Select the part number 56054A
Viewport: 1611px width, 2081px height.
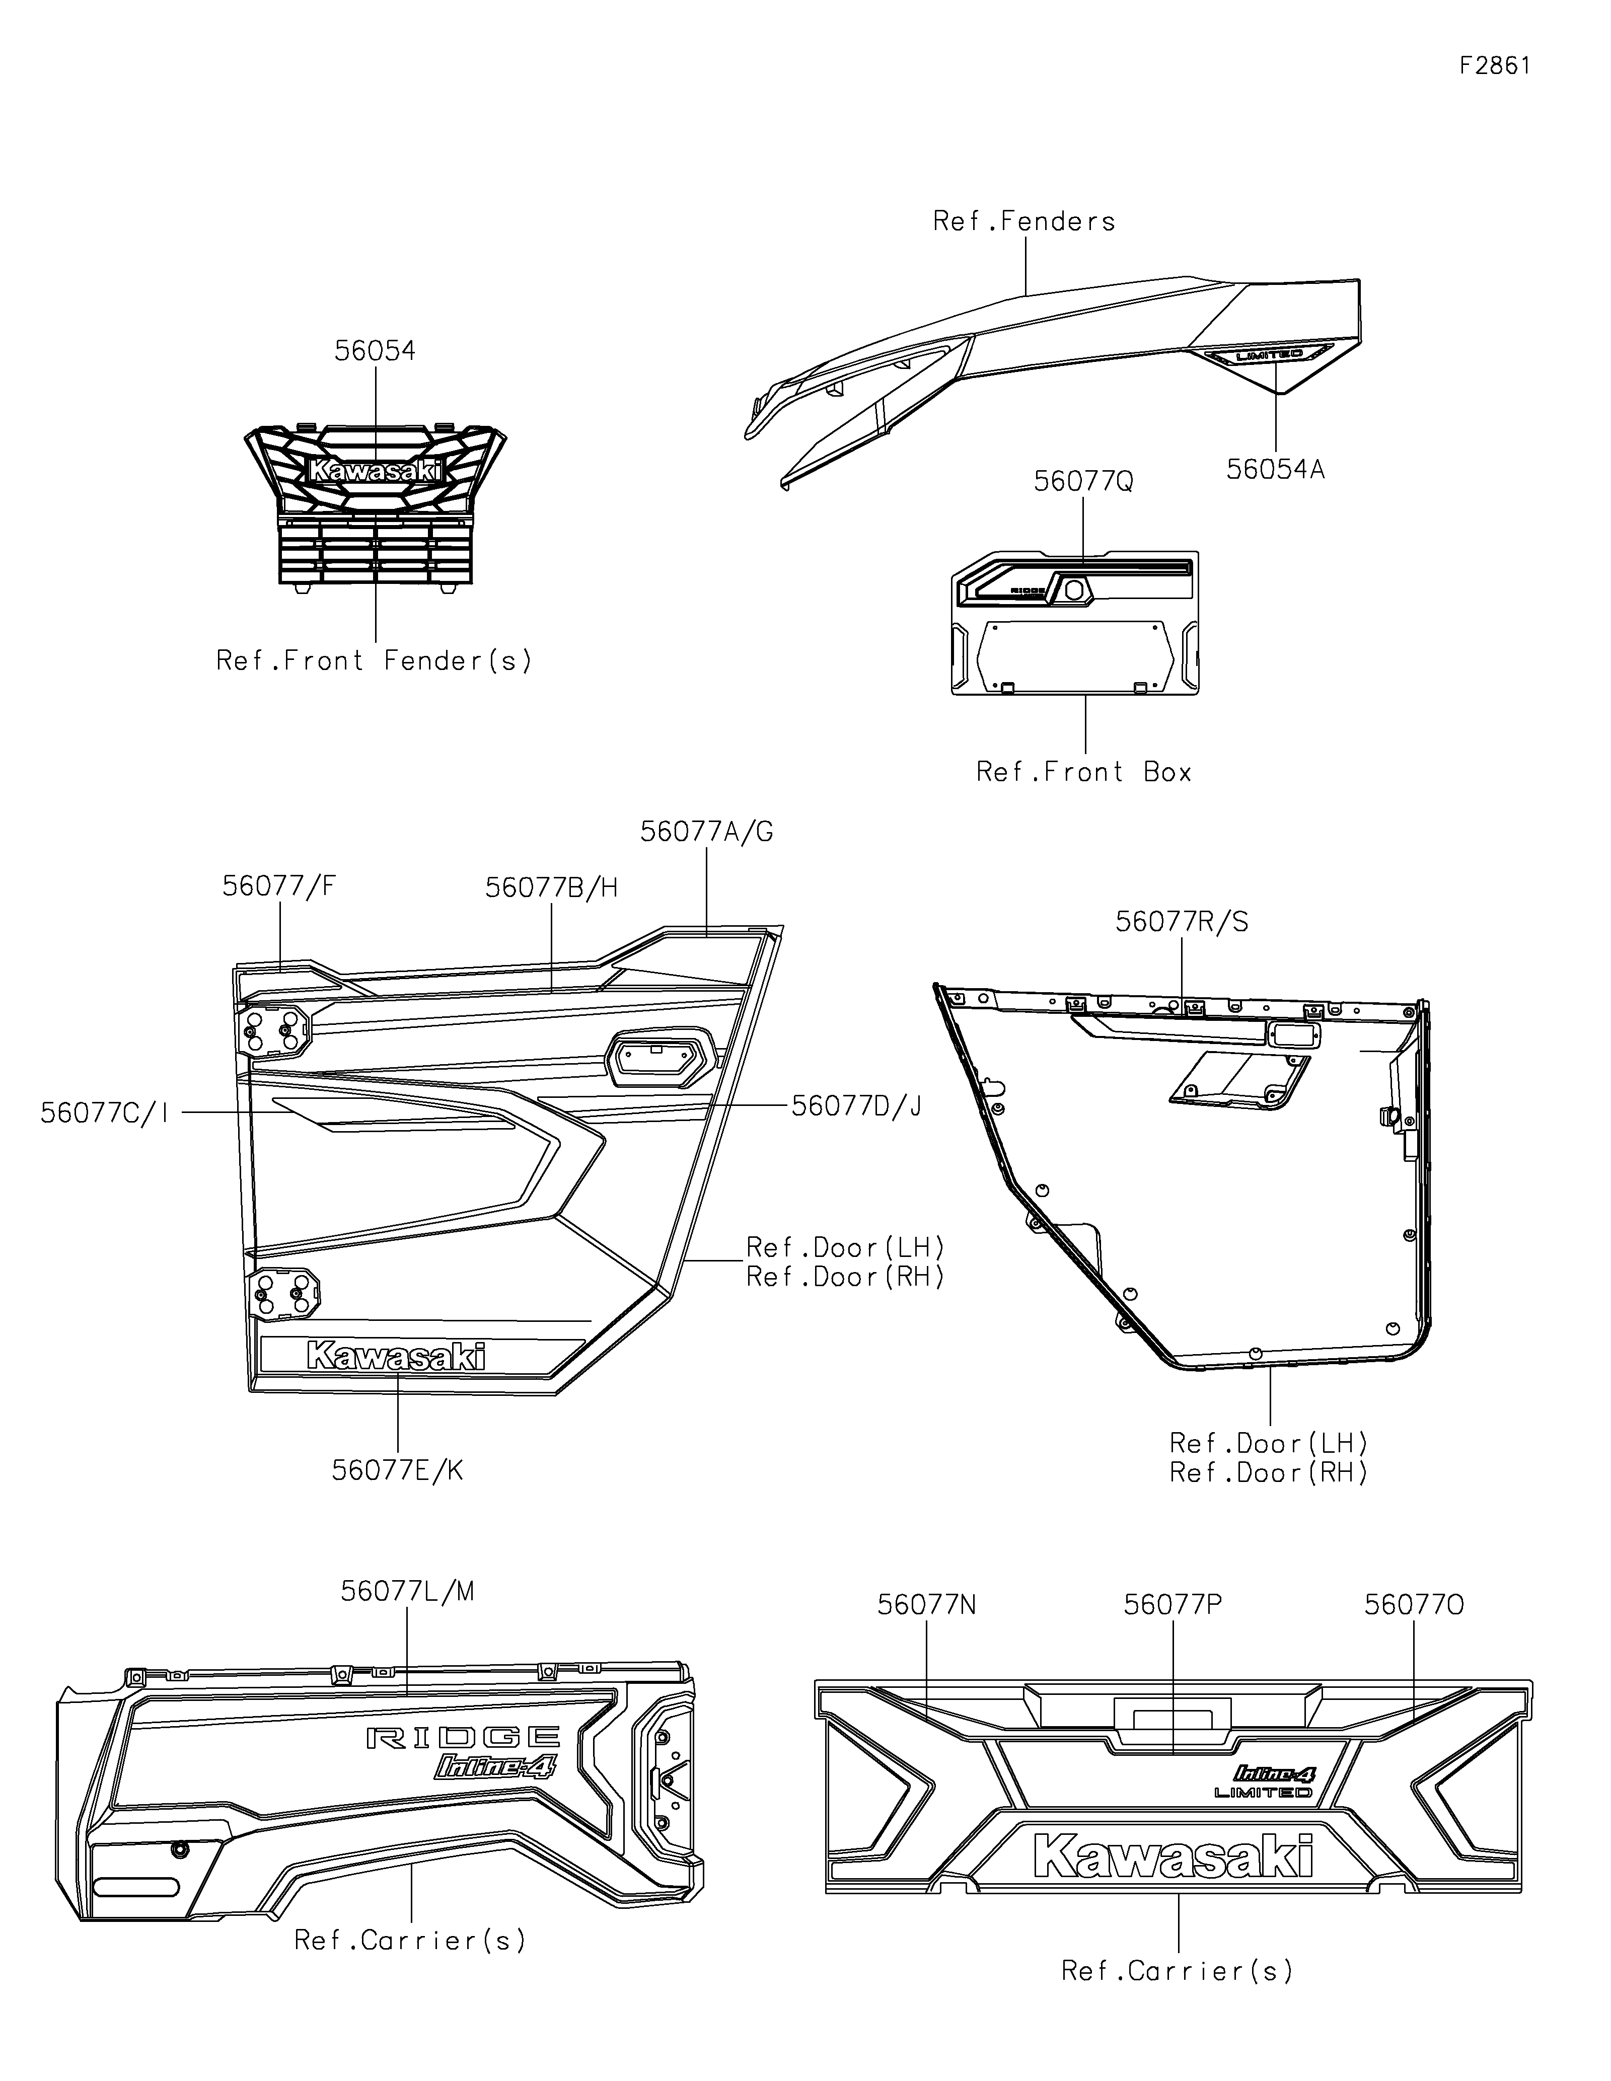click(1275, 470)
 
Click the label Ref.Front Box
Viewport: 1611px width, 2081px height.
click(1084, 772)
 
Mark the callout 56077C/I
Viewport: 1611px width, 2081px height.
click(105, 1113)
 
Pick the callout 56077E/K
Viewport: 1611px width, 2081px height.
click(397, 1470)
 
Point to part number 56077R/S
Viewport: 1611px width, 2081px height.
click(1182, 922)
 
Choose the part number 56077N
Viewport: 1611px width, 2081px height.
click(927, 1605)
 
